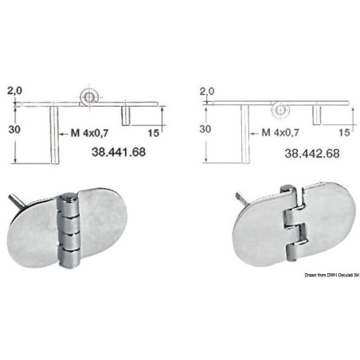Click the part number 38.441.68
point(119,152)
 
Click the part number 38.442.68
point(312,154)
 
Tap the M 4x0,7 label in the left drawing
point(89,133)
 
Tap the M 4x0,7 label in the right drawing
point(280,132)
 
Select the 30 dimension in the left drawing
point(14,130)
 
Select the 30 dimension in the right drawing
point(205,129)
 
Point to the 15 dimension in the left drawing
point(154,133)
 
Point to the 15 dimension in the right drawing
point(344,132)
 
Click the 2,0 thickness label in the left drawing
point(14,91)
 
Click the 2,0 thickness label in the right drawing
point(207,92)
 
